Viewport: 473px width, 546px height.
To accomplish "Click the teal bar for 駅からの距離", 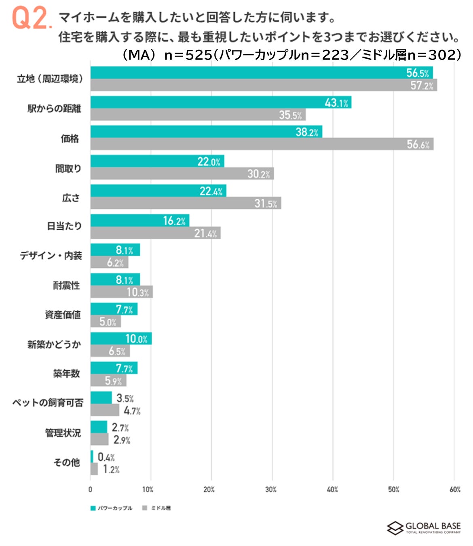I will (x=220, y=102).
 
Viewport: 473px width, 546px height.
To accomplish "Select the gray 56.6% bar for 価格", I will (x=262, y=144).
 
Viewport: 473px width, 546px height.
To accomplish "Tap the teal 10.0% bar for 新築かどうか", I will (x=121, y=339).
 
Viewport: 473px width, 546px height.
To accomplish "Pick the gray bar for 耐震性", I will (x=121, y=292).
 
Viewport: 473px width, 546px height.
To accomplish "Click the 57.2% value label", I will (x=422, y=85).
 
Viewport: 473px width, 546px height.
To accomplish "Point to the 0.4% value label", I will (x=106, y=457).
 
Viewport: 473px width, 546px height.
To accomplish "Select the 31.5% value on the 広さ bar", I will (x=266, y=203).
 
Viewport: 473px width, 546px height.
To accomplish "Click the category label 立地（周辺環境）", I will (x=50, y=78).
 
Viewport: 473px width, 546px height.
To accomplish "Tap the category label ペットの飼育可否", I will (x=48, y=403).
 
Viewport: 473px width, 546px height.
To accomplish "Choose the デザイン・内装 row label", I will (x=51, y=256).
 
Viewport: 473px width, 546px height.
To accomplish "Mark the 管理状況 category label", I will (x=63, y=433).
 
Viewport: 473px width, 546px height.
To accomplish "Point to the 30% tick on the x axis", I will (x=271, y=490).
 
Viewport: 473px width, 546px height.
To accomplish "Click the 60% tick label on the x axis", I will (x=455, y=490).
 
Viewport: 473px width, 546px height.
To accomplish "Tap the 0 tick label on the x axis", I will (x=90, y=490).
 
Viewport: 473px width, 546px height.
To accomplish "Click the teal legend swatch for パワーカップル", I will (x=93, y=508).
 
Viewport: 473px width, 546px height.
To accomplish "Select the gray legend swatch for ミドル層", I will (x=144, y=508).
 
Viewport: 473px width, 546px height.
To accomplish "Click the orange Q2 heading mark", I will (x=32, y=18).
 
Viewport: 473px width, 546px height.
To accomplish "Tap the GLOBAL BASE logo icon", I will (x=395, y=528).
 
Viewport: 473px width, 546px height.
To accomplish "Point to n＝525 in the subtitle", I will (x=188, y=55).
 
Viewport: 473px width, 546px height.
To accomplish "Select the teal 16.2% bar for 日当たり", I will (x=139, y=220).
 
